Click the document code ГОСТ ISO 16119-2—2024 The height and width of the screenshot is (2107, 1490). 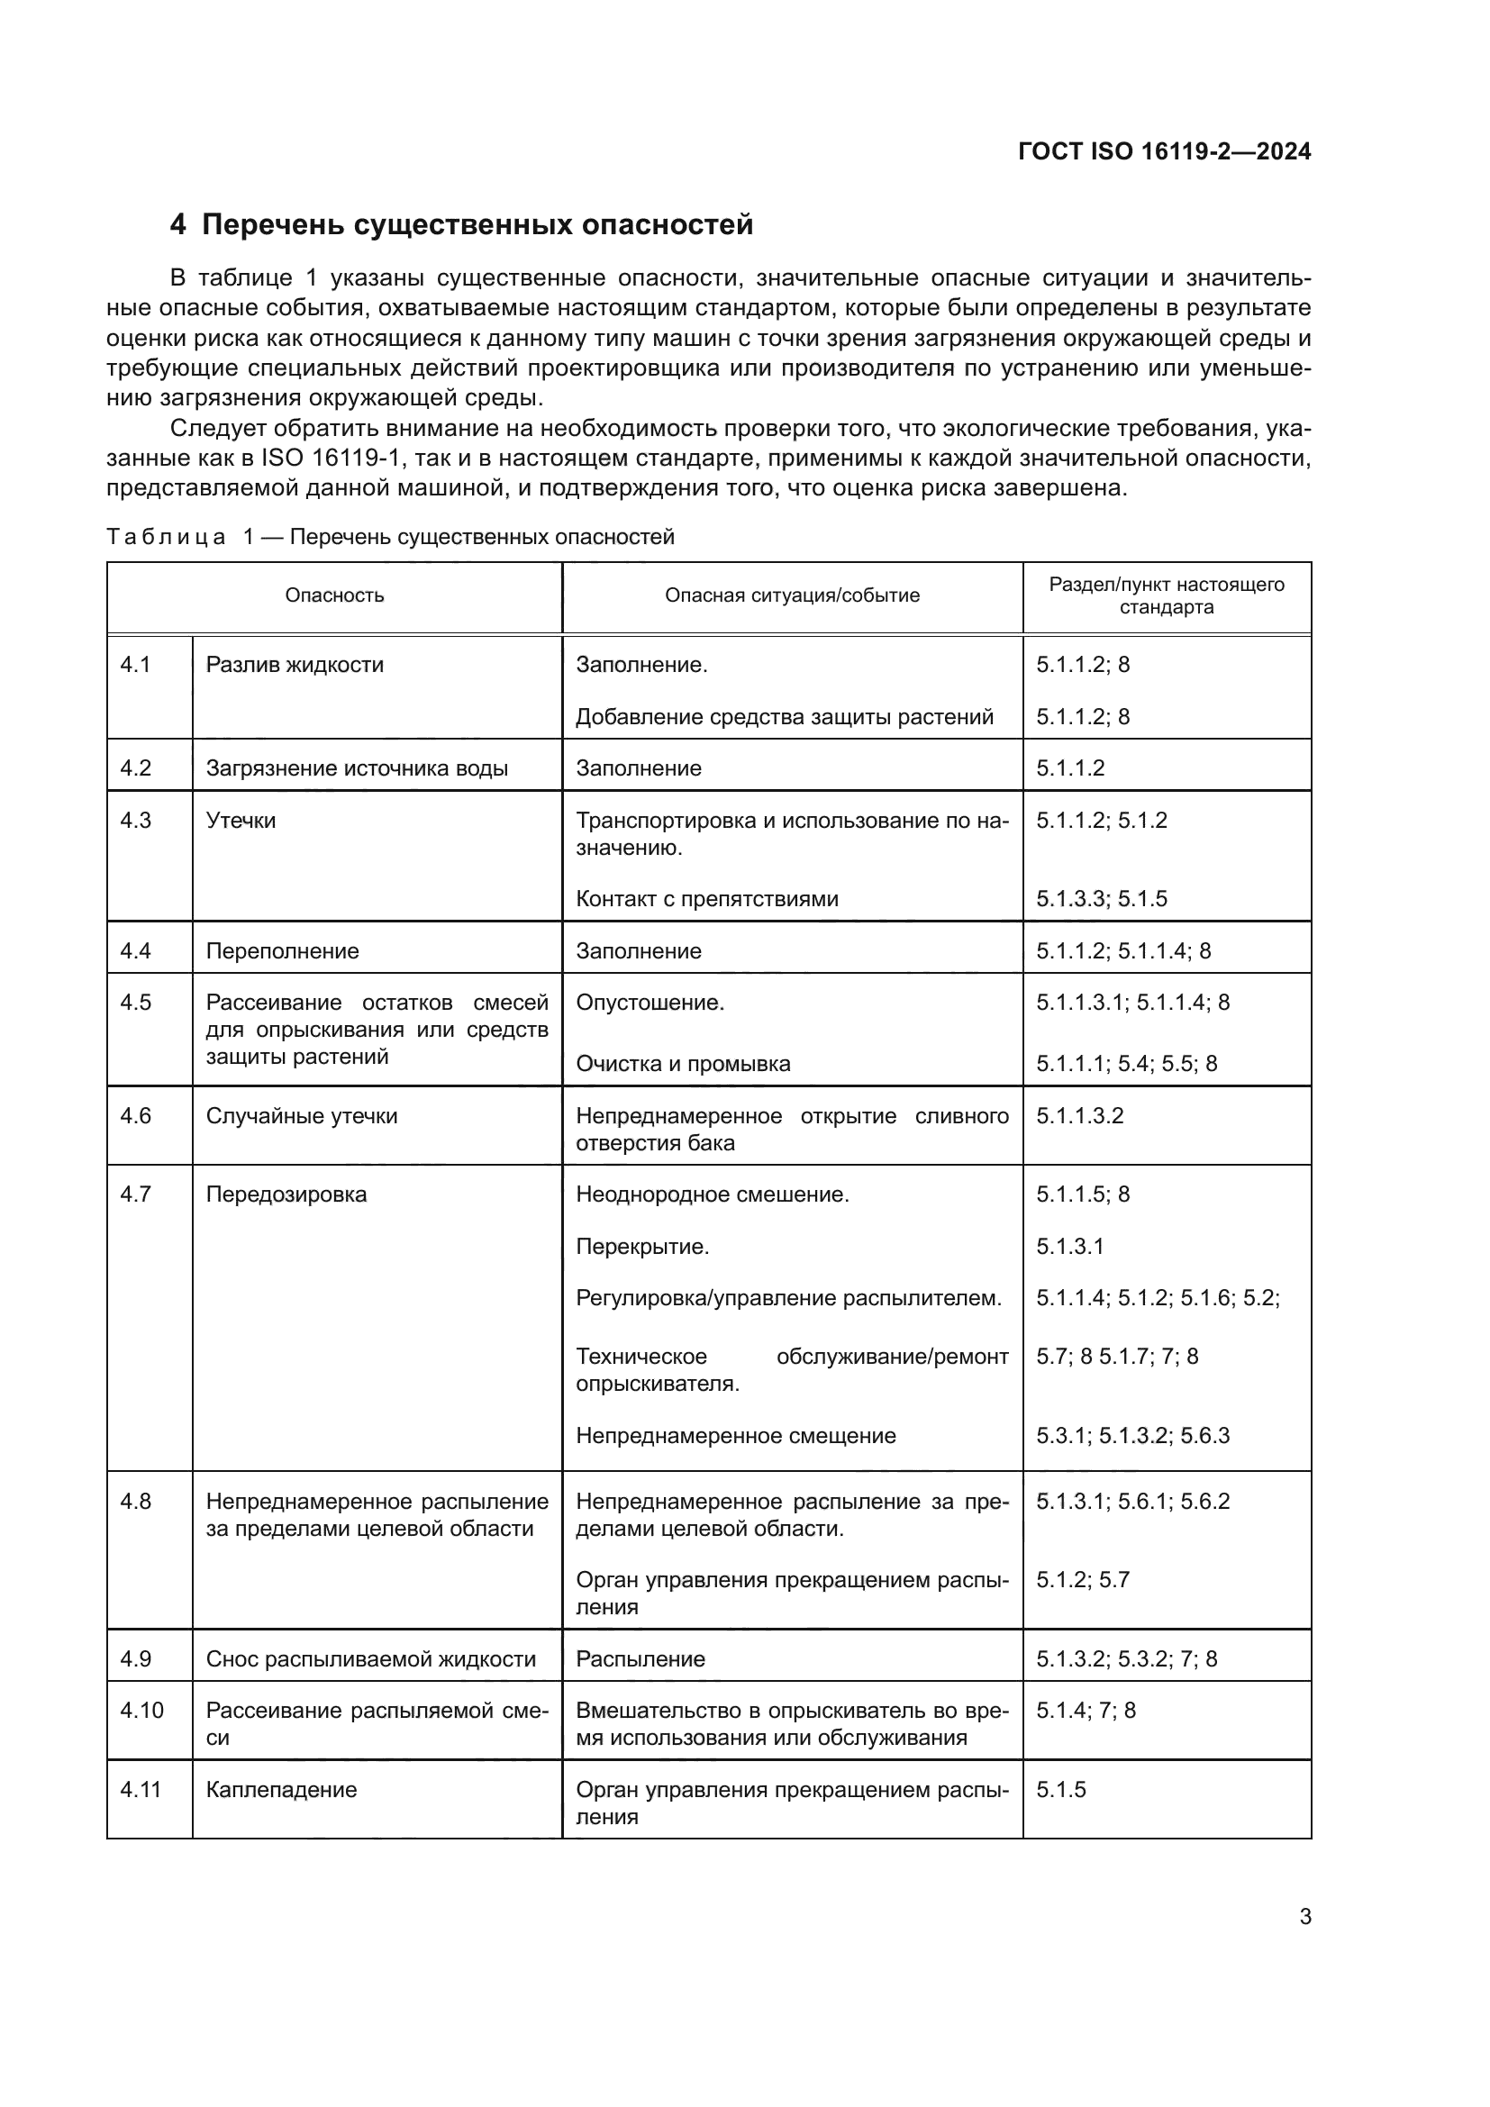click(1163, 151)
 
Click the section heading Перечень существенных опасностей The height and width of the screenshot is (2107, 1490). click(477, 225)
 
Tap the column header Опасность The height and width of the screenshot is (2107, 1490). click(334, 595)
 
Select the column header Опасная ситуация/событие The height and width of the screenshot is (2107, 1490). click(792, 595)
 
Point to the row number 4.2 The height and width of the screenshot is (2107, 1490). click(136, 768)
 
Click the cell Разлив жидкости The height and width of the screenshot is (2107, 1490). click(295, 665)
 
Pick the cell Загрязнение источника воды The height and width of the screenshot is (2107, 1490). click(357, 768)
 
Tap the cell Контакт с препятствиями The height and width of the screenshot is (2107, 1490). click(706, 898)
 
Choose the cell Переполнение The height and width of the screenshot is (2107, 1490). click(283, 950)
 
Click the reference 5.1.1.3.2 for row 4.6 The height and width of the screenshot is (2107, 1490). click(1080, 1116)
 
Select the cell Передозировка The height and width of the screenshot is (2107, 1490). click(286, 1194)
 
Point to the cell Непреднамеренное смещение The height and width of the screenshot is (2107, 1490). click(735, 1435)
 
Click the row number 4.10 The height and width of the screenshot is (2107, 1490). click(141, 1710)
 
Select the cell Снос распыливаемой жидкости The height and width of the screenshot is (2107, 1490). click(370, 1658)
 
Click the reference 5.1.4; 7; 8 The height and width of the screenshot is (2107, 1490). click(1086, 1710)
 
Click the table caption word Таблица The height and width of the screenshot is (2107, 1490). click(166, 537)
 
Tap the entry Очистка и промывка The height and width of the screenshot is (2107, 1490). click(683, 1064)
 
